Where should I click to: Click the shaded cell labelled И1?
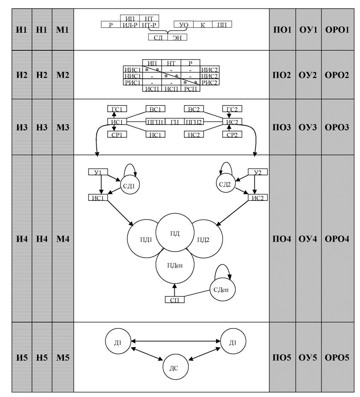click(x=22, y=29)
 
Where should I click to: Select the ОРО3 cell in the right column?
click(x=337, y=127)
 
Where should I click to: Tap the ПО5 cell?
click(x=282, y=357)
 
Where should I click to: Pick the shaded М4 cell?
click(x=63, y=238)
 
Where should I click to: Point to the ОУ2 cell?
click(x=308, y=75)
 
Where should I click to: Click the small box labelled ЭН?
click(x=177, y=38)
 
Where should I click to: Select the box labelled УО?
click(x=184, y=25)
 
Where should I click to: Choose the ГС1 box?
click(x=117, y=109)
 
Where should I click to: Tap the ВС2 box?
click(x=194, y=109)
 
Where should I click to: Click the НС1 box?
click(x=156, y=134)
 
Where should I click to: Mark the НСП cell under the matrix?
click(x=171, y=88)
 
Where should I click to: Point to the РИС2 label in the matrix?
click(x=210, y=82)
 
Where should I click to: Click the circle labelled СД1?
click(x=130, y=185)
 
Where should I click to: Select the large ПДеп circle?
click(x=175, y=265)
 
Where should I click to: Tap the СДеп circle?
click(x=223, y=290)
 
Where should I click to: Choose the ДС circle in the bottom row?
click(x=175, y=368)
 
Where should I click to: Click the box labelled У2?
click(x=258, y=172)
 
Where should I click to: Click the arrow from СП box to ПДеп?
click(x=175, y=290)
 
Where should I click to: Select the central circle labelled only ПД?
click(x=175, y=233)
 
